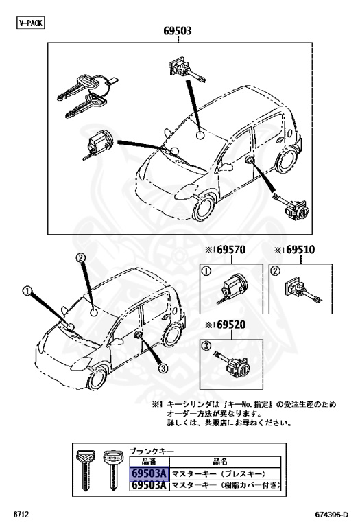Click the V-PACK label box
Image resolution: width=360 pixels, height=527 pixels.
[29, 22]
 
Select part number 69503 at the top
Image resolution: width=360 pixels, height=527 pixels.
[177, 31]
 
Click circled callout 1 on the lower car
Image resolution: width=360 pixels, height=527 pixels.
[28, 291]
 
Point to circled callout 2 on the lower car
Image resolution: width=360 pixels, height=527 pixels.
[80, 259]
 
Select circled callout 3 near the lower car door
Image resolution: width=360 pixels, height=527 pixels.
[163, 367]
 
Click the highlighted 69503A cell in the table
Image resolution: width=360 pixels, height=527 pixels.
[147, 473]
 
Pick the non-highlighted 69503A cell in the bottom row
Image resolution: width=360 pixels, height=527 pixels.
[147, 486]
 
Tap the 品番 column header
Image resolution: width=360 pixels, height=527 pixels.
[147, 462]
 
